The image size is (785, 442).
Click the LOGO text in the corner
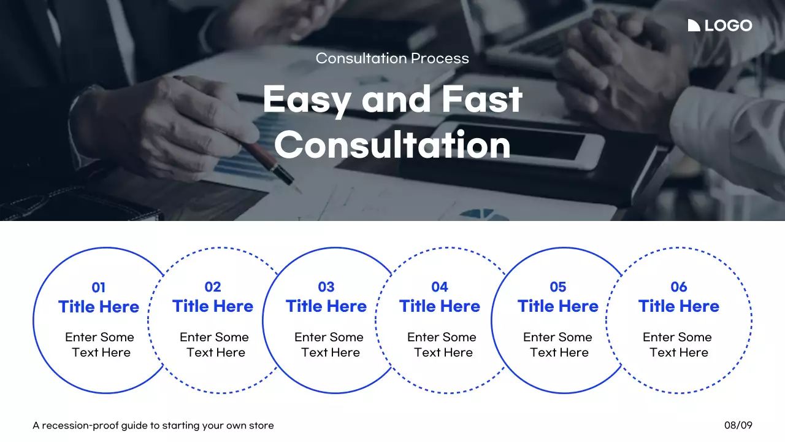tap(728, 26)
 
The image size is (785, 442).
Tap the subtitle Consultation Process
tap(392, 58)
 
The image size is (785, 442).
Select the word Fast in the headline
tap(484, 99)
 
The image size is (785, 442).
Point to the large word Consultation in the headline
tap(392, 145)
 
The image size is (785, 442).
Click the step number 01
tap(99, 287)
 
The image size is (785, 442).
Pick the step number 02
tap(213, 287)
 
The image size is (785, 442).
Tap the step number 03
tap(326, 287)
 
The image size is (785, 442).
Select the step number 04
tap(440, 287)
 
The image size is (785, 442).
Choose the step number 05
tap(558, 287)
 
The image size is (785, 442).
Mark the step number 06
tap(679, 287)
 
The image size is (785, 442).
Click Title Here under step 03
tap(326, 306)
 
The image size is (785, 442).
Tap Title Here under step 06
tap(679, 306)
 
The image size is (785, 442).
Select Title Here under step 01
tap(99, 307)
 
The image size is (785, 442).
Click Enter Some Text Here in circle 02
tap(215, 344)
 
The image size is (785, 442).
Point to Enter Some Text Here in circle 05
tap(558, 344)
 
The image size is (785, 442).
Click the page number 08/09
tap(738, 425)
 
